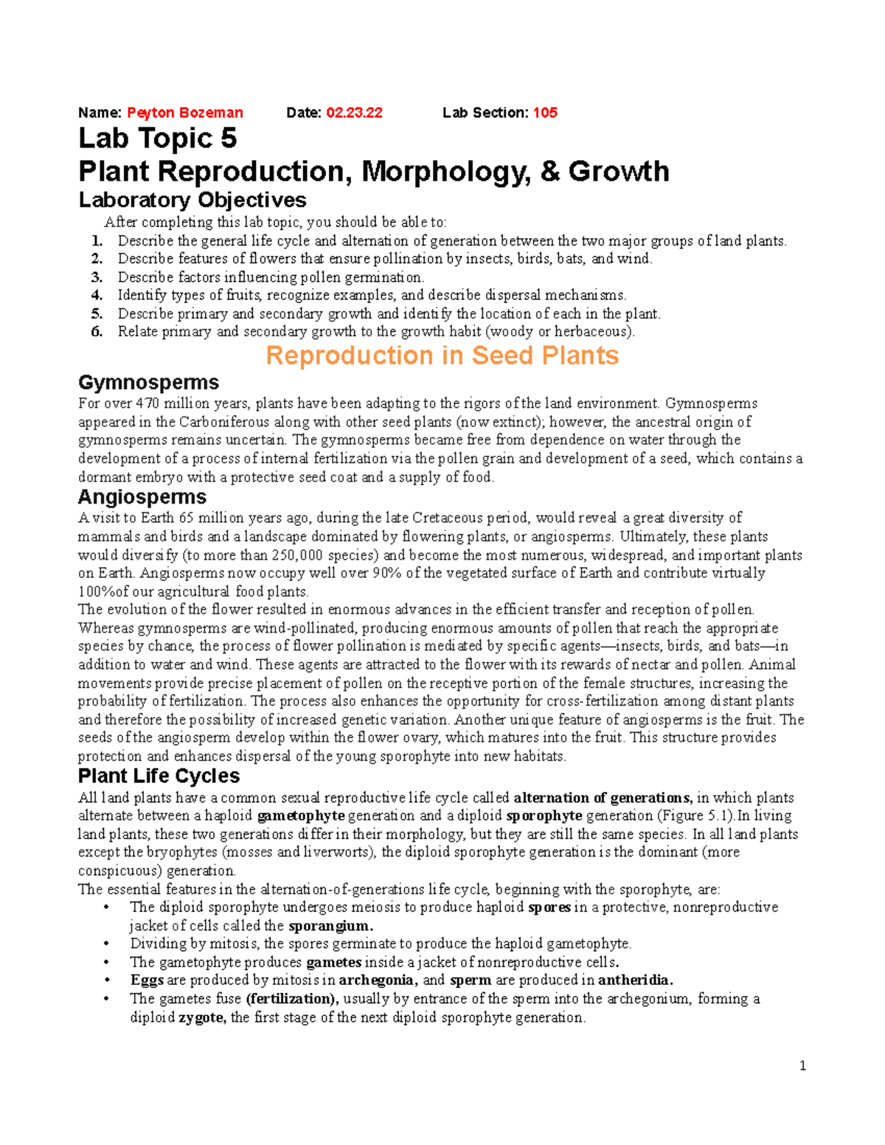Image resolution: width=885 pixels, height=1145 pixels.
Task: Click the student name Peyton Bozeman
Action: click(184, 113)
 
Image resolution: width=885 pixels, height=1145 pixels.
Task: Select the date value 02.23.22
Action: click(354, 113)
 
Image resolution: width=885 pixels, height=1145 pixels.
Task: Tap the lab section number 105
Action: click(545, 113)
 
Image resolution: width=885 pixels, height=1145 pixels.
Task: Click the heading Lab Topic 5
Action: click(157, 139)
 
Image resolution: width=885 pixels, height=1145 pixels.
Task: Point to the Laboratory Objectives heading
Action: click(192, 200)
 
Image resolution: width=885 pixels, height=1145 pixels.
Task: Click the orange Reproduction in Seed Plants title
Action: click(442, 355)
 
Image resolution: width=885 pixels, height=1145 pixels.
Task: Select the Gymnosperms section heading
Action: click(148, 382)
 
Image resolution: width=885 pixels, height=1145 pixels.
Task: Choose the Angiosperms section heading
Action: click(142, 496)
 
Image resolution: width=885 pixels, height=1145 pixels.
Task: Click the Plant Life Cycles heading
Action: click(159, 776)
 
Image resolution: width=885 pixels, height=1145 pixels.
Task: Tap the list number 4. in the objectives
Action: click(97, 295)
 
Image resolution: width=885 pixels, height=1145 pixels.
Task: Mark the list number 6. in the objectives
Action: click(97, 331)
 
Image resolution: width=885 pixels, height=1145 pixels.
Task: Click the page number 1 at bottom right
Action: click(802, 1065)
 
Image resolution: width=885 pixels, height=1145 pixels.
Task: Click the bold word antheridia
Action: click(635, 980)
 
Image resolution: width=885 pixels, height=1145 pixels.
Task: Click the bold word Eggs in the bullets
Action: click(147, 980)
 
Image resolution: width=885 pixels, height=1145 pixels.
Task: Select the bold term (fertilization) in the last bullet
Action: click(292, 999)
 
